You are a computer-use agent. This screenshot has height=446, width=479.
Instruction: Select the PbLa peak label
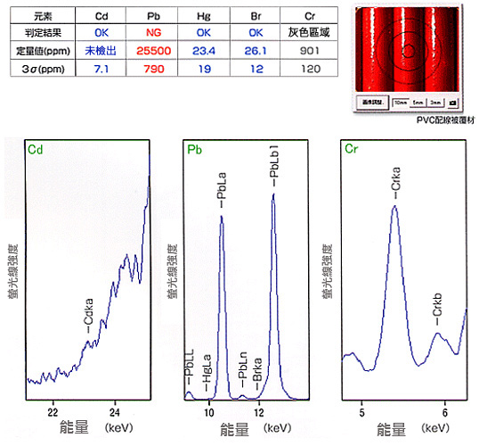(x=223, y=193)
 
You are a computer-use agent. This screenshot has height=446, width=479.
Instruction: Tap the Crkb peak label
(x=437, y=318)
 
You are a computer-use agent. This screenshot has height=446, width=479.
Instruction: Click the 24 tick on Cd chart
(x=115, y=412)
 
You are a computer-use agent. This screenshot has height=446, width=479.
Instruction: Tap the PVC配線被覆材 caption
(x=429, y=118)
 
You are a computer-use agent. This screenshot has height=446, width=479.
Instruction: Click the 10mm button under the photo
(x=400, y=103)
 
